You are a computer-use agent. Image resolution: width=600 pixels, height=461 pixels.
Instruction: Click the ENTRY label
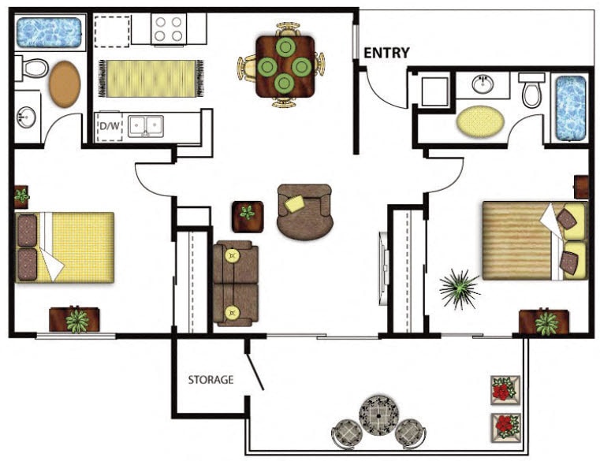386,53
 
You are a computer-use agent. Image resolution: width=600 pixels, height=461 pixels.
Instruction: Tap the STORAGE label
211,380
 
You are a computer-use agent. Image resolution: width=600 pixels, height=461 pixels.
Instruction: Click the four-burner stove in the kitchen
168,29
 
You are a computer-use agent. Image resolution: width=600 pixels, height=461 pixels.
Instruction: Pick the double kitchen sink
147,125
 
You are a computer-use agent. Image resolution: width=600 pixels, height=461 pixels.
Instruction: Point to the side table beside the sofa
248,214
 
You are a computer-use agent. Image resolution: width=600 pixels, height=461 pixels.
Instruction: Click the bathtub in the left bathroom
49,32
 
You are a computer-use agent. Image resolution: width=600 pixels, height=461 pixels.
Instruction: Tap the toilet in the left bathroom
32,68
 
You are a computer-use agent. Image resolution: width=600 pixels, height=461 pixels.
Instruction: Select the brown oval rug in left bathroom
65,84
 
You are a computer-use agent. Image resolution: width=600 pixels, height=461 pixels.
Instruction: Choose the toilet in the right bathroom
533,90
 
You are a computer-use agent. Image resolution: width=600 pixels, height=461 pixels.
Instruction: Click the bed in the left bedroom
65,247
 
